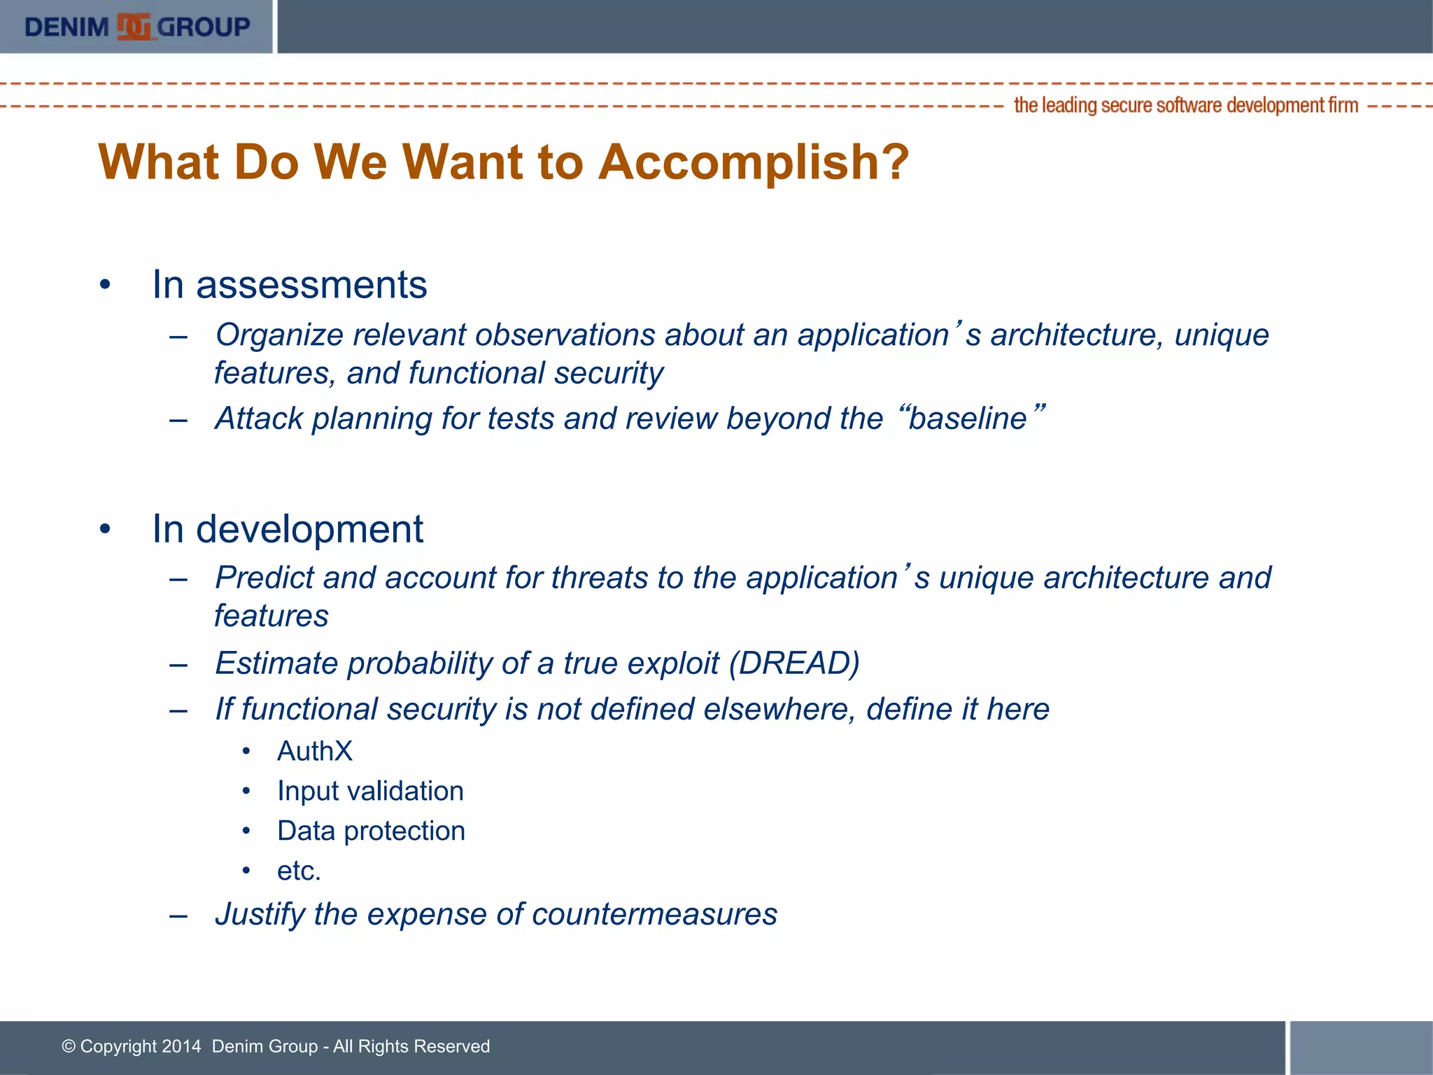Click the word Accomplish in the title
pos(754,162)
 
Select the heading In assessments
pos(289,285)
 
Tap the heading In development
pos(287,529)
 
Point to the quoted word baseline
pos(967,419)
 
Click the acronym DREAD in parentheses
pos(794,663)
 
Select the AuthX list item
pos(315,751)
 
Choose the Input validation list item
pos(370,791)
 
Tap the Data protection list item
pos(371,831)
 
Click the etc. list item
pos(299,871)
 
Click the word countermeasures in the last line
pos(654,914)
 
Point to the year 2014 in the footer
pos(181,1046)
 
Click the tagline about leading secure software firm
pos(1185,106)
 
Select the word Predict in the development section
pos(264,578)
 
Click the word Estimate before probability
pos(276,663)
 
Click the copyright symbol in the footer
pos(69,1046)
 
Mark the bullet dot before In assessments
pos(105,286)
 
